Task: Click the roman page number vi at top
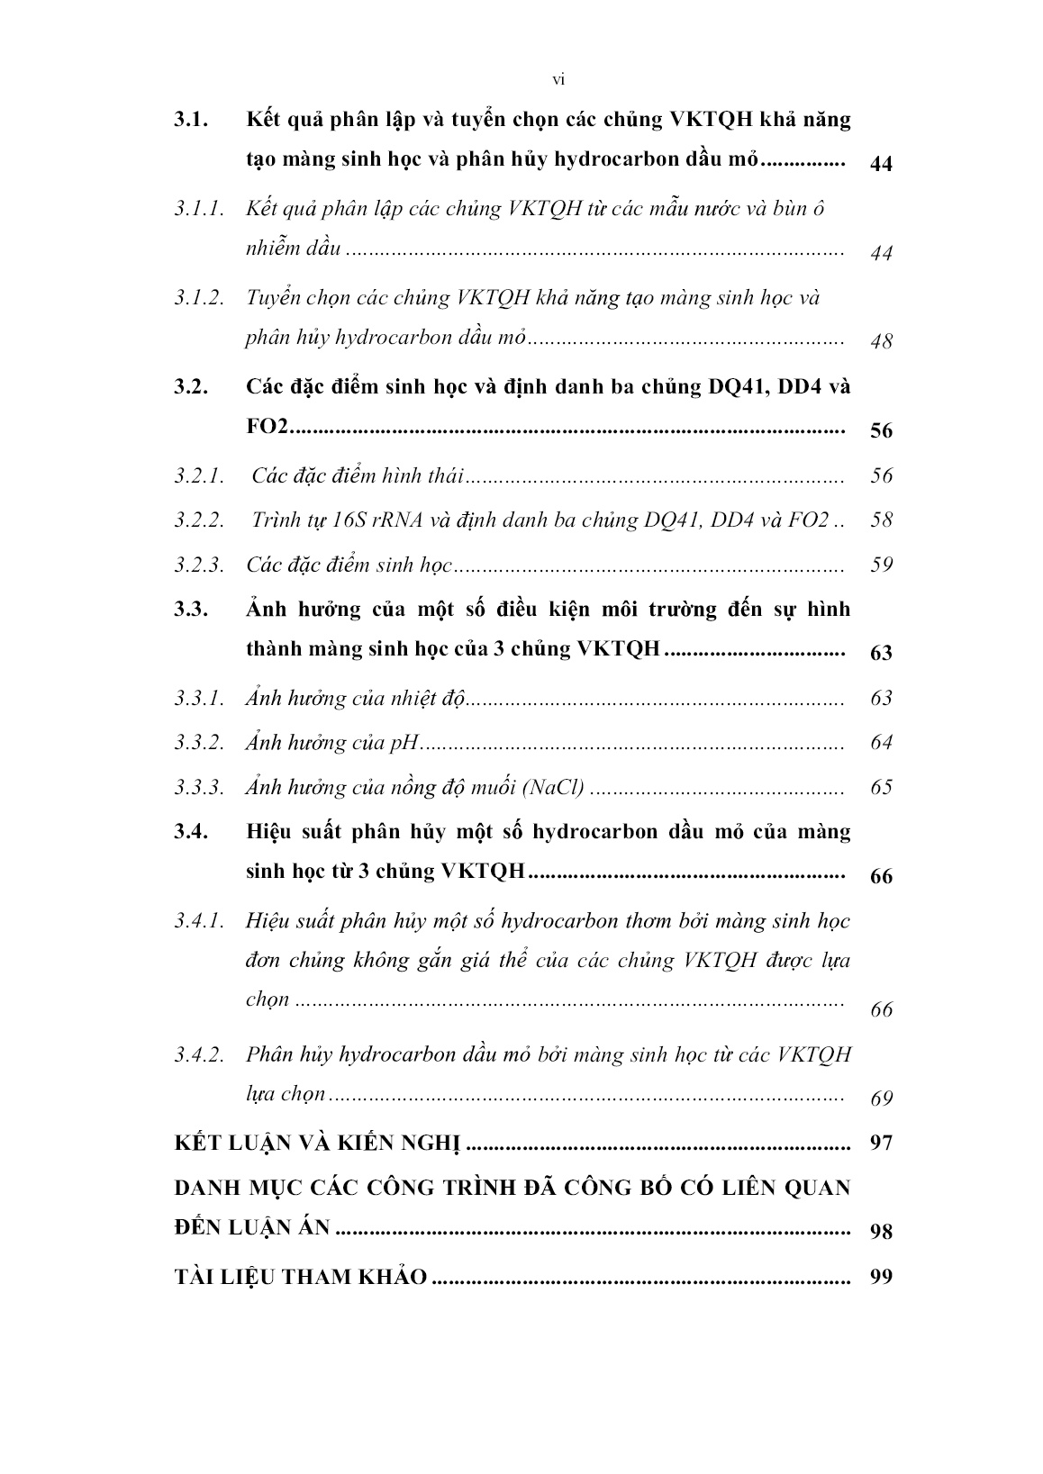tap(558, 80)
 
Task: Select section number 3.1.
tap(192, 120)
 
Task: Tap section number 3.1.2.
tap(199, 298)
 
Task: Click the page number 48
tap(881, 342)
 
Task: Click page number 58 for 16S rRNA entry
tap(881, 520)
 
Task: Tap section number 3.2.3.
tap(199, 565)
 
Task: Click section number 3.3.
tap(192, 610)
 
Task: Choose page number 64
tap(881, 743)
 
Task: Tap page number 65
tap(881, 788)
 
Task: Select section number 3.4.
tap(192, 832)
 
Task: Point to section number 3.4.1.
tap(199, 921)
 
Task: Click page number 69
tap(881, 1099)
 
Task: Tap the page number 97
tap(881, 1144)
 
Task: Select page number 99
tap(881, 1278)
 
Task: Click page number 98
tap(881, 1232)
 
